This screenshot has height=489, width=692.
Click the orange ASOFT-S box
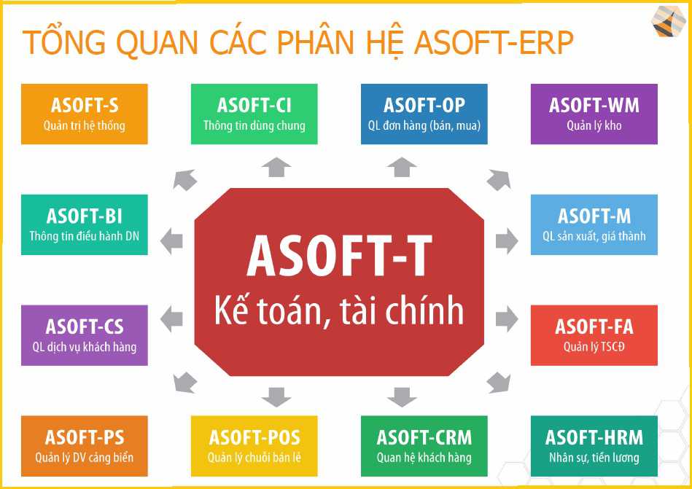tap(85, 114)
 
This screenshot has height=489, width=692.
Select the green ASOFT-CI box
tap(254, 114)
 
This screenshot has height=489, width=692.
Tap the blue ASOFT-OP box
tap(424, 114)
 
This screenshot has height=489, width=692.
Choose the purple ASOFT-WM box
tap(594, 114)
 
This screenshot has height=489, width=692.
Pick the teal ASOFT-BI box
tap(85, 224)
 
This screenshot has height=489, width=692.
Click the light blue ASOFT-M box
tap(594, 224)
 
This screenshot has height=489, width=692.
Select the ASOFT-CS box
tap(85, 335)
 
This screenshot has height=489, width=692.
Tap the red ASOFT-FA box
tap(594, 335)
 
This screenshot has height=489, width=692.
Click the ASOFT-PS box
tap(85, 446)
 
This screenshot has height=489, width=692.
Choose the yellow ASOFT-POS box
tap(254, 446)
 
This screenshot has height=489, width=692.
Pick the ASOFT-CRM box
tap(424, 446)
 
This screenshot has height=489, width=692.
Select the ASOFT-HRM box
tap(594, 446)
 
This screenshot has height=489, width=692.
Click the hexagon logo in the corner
tap(669, 22)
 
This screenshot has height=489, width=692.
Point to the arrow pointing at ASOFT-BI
tap(171, 241)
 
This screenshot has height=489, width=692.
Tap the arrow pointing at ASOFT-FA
tap(507, 318)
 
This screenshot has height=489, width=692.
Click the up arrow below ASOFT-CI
tap(276, 168)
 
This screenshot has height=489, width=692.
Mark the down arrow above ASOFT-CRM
tap(402, 397)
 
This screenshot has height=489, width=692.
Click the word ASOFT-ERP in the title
tap(494, 43)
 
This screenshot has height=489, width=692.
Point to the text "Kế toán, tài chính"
tap(339, 311)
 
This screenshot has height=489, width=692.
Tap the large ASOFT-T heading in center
tap(339, 257)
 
